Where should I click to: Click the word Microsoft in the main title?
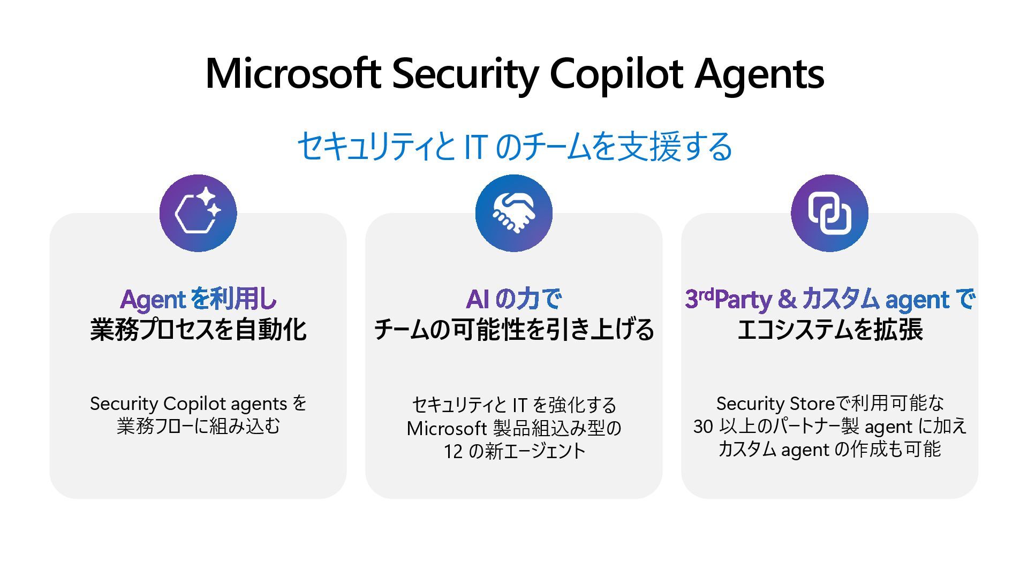(x=293, y=73)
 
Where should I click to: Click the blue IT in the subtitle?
(x=475, y=147)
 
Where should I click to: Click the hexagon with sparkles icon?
(x=198, y=213)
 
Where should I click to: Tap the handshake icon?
(x=513, y=213)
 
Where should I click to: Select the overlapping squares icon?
(x=829, y=213)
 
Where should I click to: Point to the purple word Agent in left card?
(x=153, y=300)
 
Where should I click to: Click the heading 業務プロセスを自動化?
(x=198, y=330)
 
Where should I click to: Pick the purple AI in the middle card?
(x=477, y=299)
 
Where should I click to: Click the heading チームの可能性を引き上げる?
(x=513, y=330)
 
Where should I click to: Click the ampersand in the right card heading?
(x=787, y=299)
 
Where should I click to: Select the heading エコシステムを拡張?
(x=829, y=330)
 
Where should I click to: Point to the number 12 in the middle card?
(x=452, y=452)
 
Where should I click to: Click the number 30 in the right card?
(x=703, y=427)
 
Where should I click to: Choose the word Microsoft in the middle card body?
(x=446, y=428)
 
